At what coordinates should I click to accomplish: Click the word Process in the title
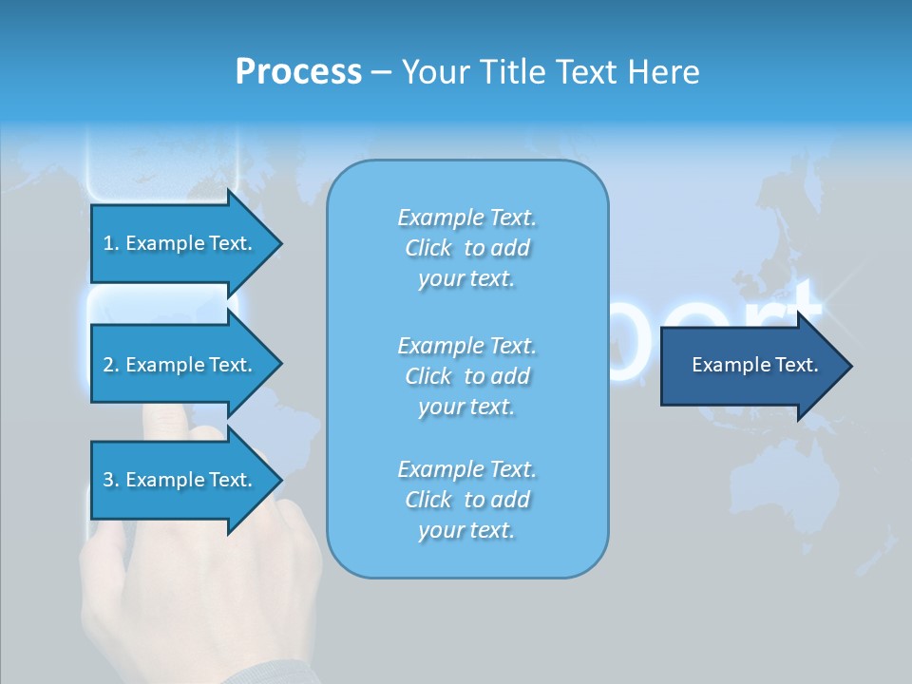298,72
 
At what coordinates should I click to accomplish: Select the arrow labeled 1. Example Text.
180,243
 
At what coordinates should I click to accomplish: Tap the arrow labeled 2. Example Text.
180,365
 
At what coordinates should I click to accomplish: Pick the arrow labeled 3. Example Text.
180,480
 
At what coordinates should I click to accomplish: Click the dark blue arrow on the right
750,366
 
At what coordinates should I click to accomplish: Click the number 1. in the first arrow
111,243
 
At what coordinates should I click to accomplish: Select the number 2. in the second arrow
111,365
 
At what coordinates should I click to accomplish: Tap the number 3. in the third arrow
111,480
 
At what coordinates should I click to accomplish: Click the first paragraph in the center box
467,248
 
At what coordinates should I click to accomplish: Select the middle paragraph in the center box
467,376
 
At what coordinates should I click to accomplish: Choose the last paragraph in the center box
467,500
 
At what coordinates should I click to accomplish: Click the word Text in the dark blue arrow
796,365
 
